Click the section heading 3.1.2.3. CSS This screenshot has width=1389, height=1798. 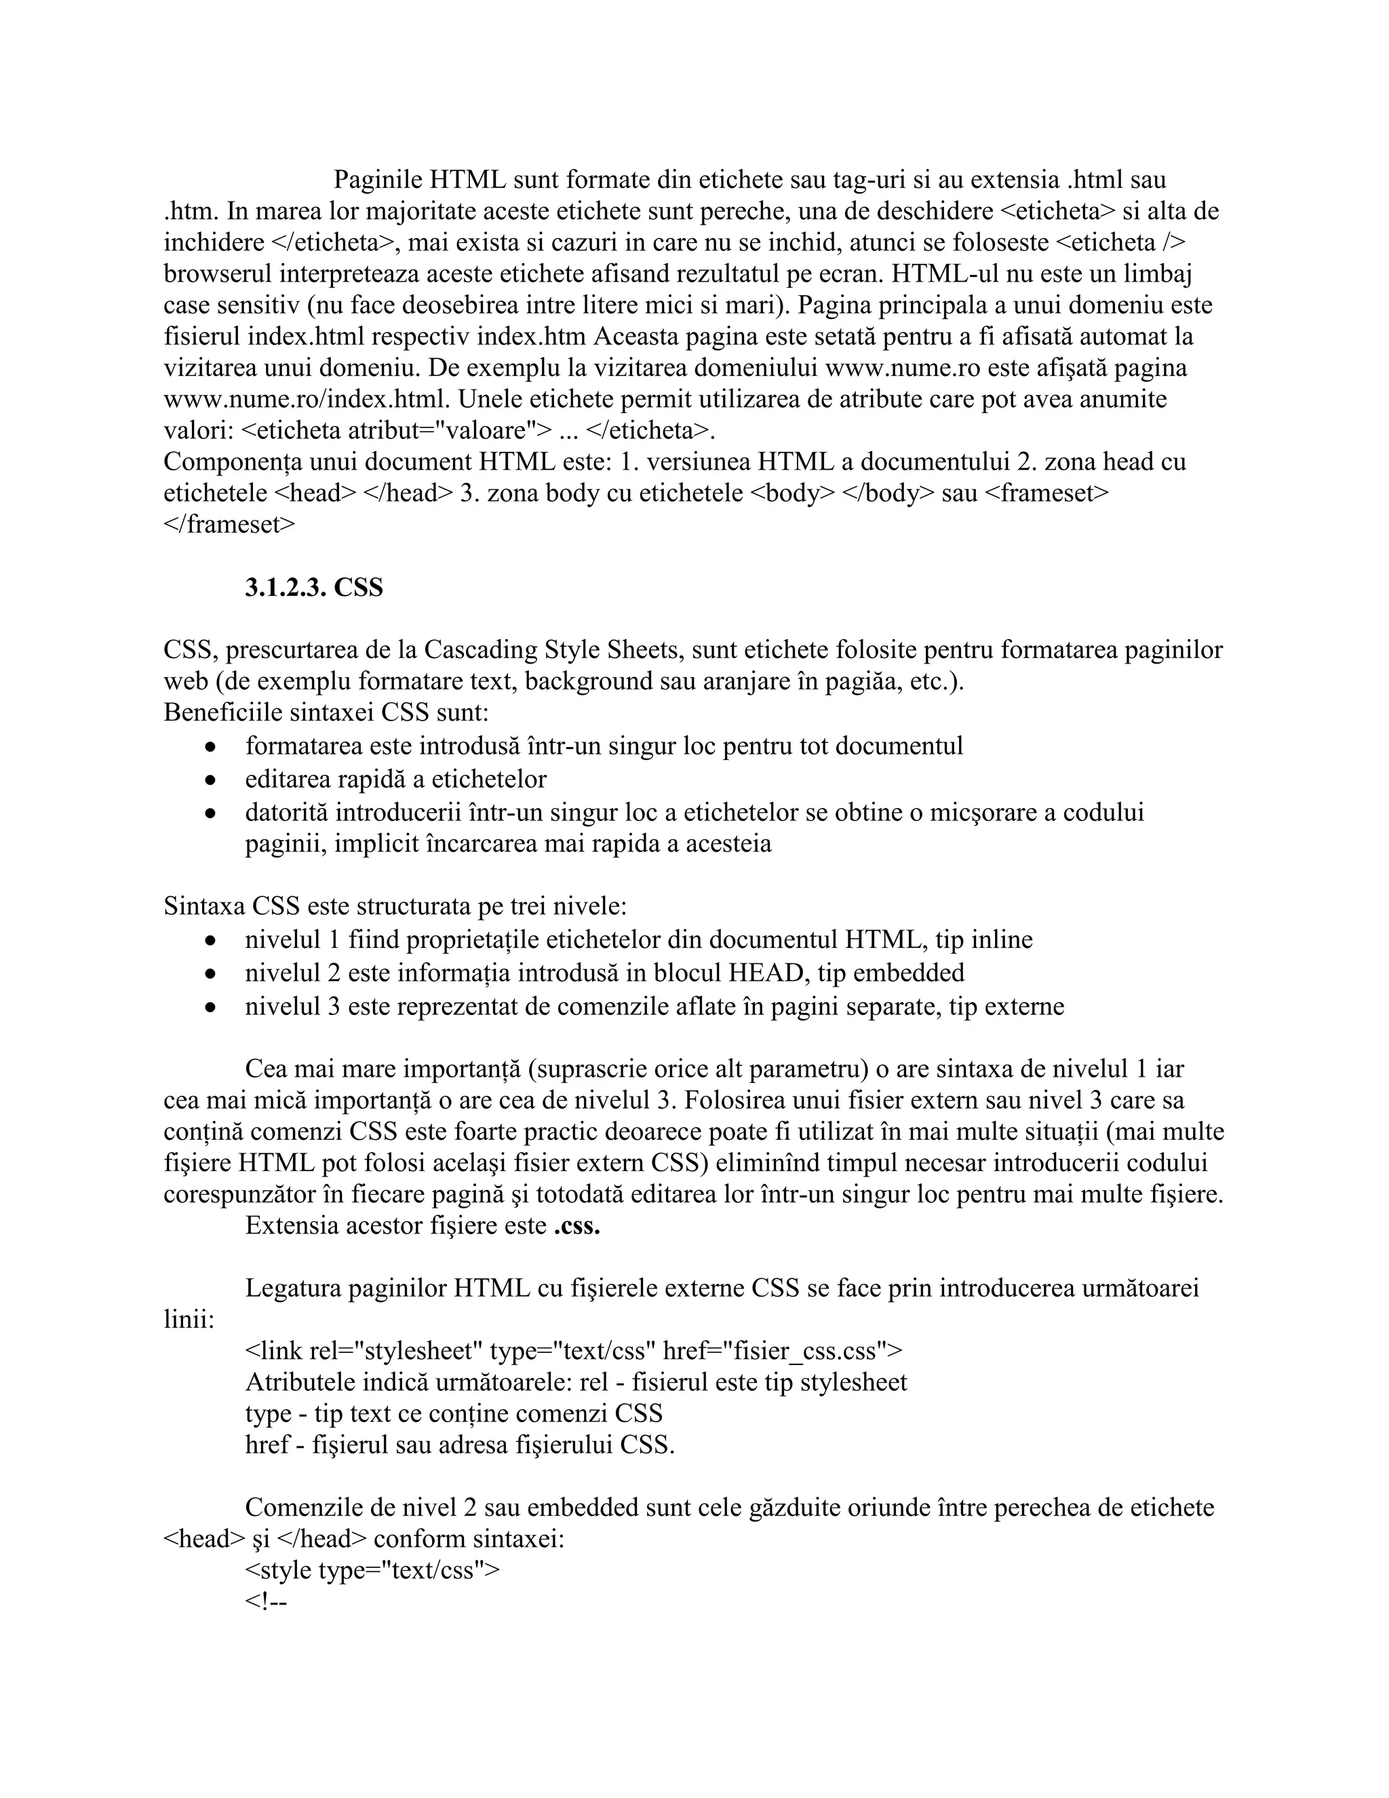313,588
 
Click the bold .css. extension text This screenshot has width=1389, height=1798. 576,1226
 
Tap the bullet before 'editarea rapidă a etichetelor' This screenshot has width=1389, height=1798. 212,779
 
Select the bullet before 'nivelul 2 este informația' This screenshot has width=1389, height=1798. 212,973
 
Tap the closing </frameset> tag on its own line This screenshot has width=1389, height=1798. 229,524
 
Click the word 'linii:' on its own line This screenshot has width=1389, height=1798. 189,1320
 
